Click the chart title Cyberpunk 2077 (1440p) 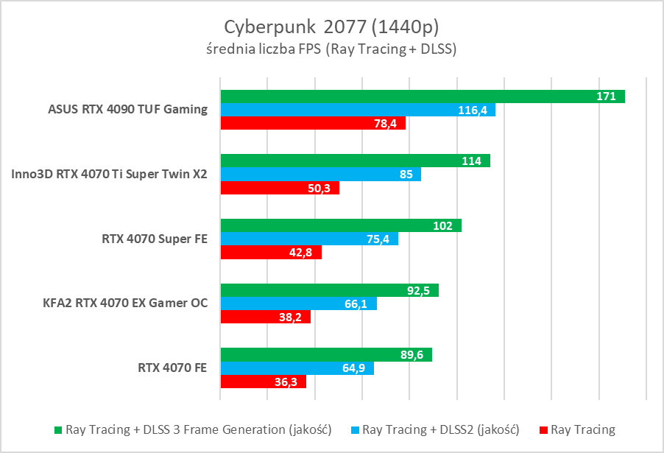tap(332, 27)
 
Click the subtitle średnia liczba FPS tap(332, 50)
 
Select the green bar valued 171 tap(422, 96)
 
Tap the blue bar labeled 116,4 tap(357, 110)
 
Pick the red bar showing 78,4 tap(313, 124)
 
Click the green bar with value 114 tap(355, 161)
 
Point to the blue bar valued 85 tap(320, 175)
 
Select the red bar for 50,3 tap(280, 189)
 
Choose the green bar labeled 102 tap(340, 225)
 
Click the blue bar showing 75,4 tap(309, 239)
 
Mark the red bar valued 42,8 tap(271, 253)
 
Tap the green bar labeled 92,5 tap(329, 290)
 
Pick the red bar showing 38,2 tap(265, 317)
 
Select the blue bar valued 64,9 tap(297, 368)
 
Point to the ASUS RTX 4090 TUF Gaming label tap(127, 110)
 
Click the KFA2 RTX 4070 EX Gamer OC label tap(127, 303)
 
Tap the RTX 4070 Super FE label tap(155, 239)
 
